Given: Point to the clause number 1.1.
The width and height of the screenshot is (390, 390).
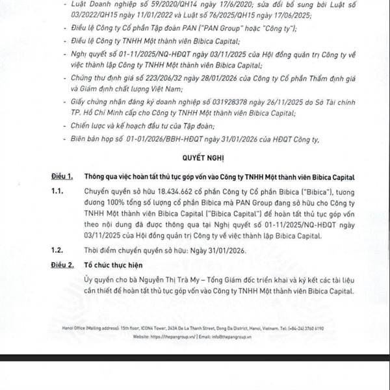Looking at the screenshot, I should click(x=58, y=193).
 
